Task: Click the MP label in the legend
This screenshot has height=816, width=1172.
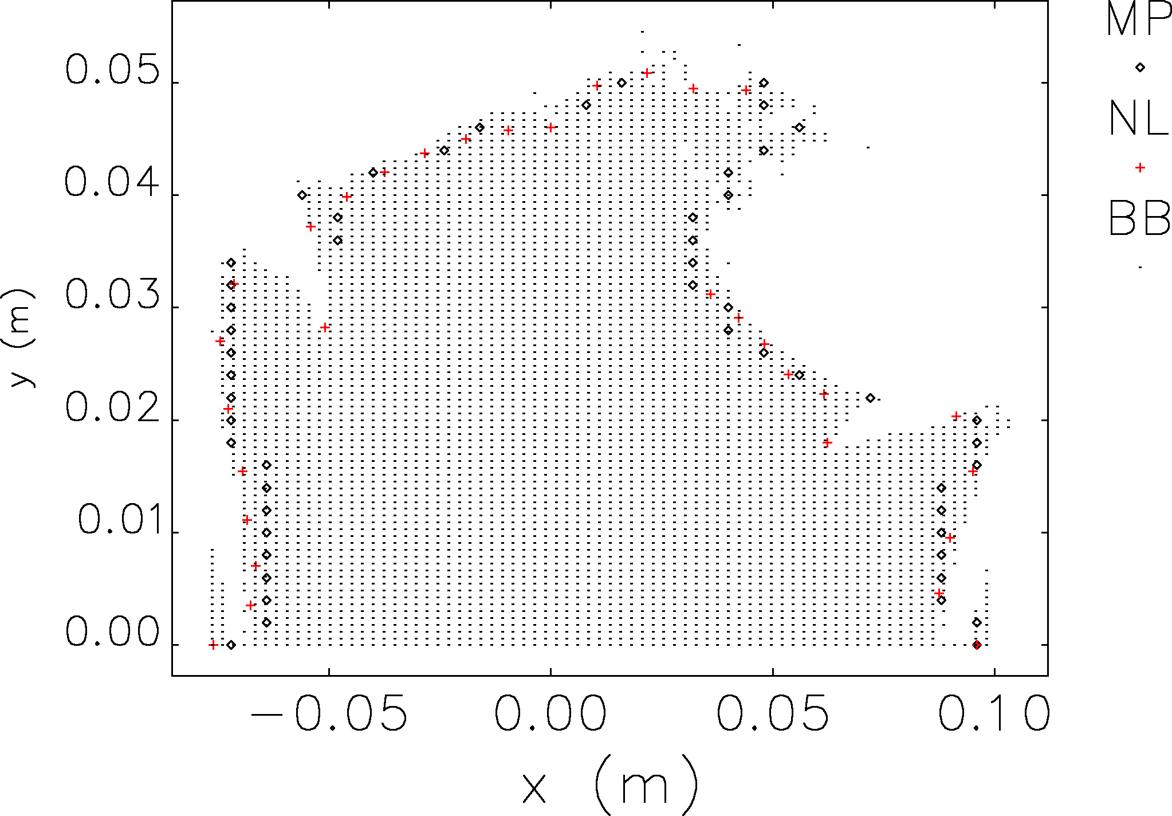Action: [x=1138, y=20]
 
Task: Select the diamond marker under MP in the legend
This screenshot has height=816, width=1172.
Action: [x=1140, y=68]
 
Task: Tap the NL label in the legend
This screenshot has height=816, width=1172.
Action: [x=1138, y=119]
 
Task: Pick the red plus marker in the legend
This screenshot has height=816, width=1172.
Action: [x=1140, y=168]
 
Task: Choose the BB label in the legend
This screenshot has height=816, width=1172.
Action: [x=1139, y=218]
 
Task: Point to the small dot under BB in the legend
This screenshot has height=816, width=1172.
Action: [x=1140, y=267]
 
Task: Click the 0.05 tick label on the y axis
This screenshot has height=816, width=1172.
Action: [x=112, y=70]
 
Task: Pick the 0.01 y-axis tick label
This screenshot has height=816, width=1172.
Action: [x=119, y=520]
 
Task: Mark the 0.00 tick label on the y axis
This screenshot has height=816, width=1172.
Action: [x=112, y=632]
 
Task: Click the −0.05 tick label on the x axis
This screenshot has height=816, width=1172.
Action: [x=329, y=714]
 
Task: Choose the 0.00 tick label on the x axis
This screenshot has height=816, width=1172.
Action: [x=550, y=714]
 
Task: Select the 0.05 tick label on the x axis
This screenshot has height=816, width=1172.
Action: [x=772, y=714]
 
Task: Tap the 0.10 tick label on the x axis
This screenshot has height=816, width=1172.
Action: [x=994, y=714]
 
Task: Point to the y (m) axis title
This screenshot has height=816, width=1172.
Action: [x=21, y=338]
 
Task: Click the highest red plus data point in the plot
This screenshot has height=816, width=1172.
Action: [x=647, y=73]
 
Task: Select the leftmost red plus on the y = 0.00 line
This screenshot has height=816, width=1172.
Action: [x=213, y=645]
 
